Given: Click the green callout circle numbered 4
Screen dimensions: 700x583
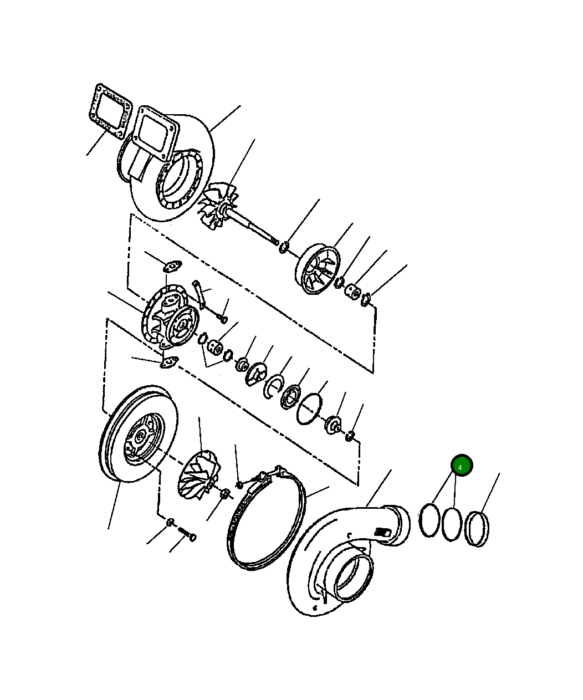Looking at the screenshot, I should tap(462, 466).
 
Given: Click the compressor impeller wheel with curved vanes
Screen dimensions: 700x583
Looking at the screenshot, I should tap(200, 475).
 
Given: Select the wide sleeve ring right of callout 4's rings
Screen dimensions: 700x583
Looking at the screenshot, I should tap(478, 529).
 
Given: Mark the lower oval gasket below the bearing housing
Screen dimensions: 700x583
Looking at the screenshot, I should tap(169, 362).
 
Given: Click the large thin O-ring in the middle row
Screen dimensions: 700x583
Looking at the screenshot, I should tap(309, 409).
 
